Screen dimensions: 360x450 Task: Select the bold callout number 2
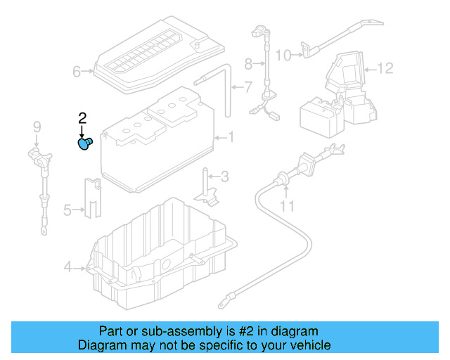[x=82, y=117]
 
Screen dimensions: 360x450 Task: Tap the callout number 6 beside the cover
[x=77, y=71]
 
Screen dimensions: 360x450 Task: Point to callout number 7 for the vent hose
[x=247, y=88]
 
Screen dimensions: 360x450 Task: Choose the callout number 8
[x=247, y=64]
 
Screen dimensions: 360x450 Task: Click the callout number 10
[x=282, y=55]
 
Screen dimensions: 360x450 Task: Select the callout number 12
[x=385, y=69]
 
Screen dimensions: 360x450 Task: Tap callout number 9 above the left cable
[x=37, y=127]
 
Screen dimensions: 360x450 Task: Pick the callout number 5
[x=67, y=209]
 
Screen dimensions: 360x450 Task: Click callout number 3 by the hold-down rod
[x=224, y=176]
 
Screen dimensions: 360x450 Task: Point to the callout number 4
[x=67, y=266]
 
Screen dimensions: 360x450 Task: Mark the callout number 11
[x=286, y=206]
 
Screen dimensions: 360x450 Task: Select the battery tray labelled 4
[x=162, y=253]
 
